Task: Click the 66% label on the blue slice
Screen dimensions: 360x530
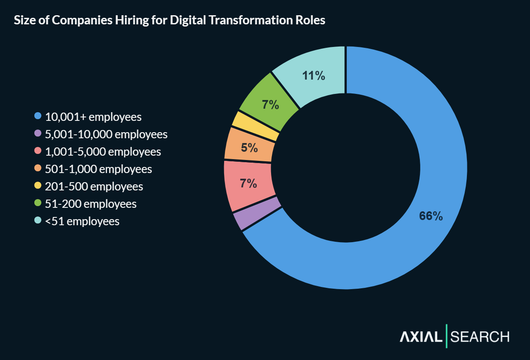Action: point(430,216)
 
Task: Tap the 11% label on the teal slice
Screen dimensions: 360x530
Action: point(313,76)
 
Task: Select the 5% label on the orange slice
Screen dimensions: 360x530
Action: point(249,148)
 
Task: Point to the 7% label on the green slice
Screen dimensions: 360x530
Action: point(270,105)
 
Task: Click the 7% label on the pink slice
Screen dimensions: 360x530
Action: point(248,183)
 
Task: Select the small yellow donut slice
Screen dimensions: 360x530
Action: point(255,126)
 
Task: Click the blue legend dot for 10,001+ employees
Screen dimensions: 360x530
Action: point(38,116)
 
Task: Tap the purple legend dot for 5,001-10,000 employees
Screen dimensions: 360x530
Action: point(38,133)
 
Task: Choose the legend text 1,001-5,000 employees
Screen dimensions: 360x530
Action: point(103,152)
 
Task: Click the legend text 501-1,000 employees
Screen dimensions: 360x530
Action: point(98,169)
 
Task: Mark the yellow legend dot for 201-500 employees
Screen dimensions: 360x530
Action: point(38,186)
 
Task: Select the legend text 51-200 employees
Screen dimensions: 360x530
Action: point(91,204)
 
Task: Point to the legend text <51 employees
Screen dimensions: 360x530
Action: point(82,221)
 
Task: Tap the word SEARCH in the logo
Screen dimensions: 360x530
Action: point(480,337)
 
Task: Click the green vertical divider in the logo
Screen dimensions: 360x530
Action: point(446,336)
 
